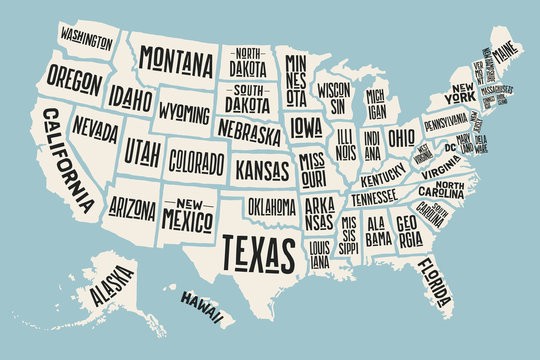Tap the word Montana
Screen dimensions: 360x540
[176, 60]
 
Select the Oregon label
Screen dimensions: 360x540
[75, 78]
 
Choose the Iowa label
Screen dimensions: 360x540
[307, 126]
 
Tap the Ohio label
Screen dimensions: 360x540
[402, 135]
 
